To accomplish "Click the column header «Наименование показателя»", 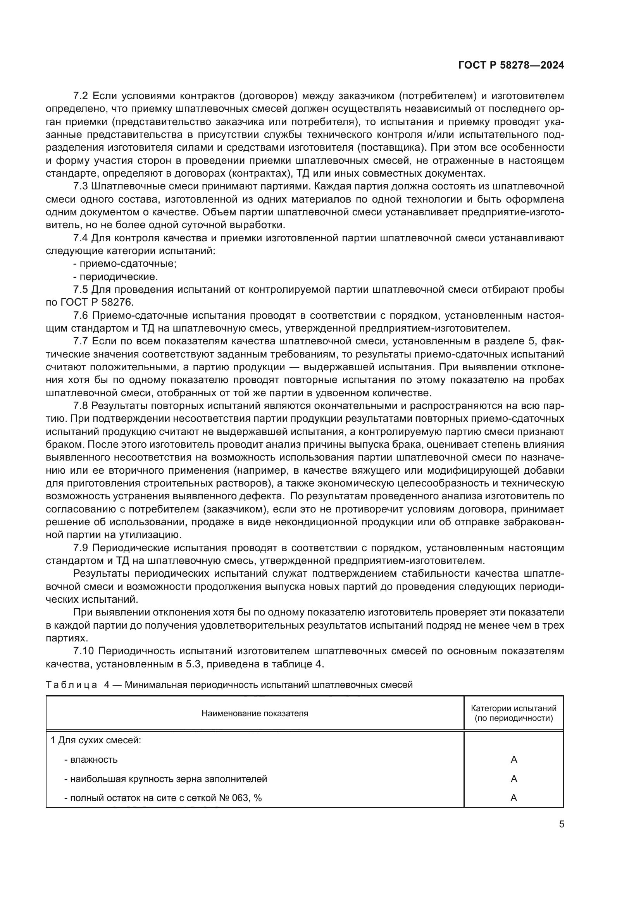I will click(x=255, y=713).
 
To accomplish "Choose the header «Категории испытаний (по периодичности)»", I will click(x=513, y=713).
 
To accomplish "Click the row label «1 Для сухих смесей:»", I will click(x=96, y=740).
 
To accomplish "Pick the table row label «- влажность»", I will click(x=91, y=760).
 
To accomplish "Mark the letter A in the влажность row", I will click(x=513, y=760).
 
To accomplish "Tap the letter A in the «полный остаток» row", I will click(x=513, y=798).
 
